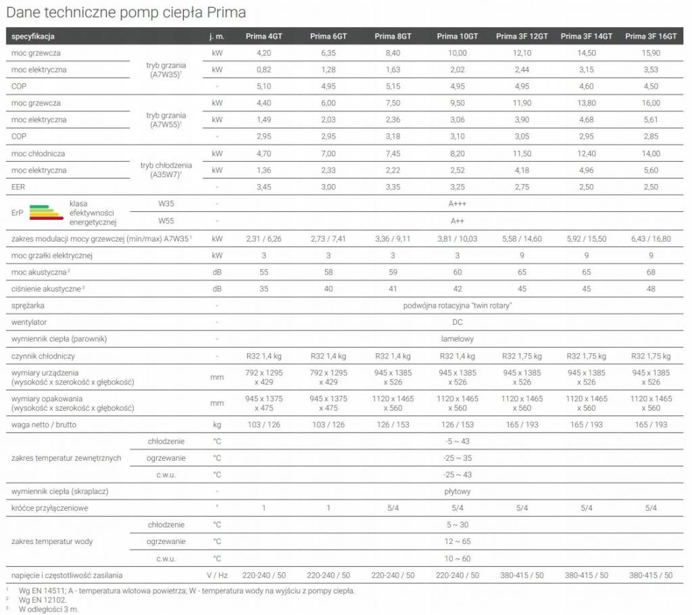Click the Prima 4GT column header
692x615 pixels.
tap(264, 37)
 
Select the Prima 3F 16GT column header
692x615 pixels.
tap(651, 37)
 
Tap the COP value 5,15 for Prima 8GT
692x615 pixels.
tap(393, 86)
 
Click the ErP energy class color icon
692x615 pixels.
tap(47, 212)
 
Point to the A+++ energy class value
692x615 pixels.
tap(458, 204)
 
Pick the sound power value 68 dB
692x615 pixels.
tap(651, 272)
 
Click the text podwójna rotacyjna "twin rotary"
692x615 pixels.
tap(458, 306)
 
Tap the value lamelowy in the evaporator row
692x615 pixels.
tap(458, 339)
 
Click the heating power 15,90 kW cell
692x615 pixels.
tap(651, 53)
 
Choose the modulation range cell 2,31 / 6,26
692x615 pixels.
tap(264, 239)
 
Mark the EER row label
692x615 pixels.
tap(18, 187)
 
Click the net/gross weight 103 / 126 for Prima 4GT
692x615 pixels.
tap(264, 425)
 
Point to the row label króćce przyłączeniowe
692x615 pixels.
tap(50, 508)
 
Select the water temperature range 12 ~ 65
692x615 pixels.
tap(458, 542)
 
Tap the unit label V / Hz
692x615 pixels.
tap(217, 575)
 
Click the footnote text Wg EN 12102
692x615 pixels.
tap(43, 600)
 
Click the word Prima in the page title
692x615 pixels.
tap(227, 12)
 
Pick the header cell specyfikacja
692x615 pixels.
tap(33, 37)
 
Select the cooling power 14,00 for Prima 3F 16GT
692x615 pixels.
tap(651, 154)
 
